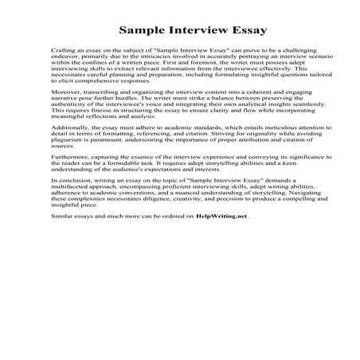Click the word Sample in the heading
(x=143, y=32)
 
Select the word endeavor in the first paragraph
(x=64, y=69)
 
